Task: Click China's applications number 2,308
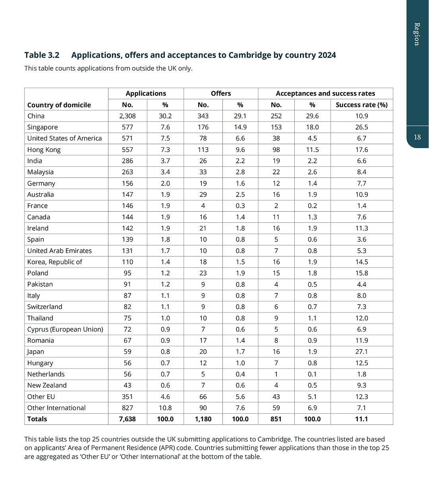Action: click(x=127, y=116)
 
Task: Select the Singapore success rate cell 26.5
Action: click(x=361, y=127)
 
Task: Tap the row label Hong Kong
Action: click(x=44, y=150)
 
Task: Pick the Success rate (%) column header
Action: click(x=361, y=105)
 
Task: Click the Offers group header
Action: click(x=221, y=93)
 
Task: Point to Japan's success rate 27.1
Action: click(x=361, y=352)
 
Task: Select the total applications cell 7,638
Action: click(x=127, y=419)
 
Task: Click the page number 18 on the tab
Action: click(x=417, y=137)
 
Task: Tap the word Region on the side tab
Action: click(x=417, y=34)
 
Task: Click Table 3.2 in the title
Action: click(x=42, y=55)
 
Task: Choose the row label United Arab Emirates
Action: click(x=60, y=251)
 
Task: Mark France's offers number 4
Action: click(x=203, y=206)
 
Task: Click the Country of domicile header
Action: click(x=59, y=105)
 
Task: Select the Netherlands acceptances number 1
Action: click(x=276, y=374)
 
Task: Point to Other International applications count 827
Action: click(x=127, y=408)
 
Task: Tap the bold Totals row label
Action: click(x=37, y=419)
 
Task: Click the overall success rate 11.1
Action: click(x=361, y=419)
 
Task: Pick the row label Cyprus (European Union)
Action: click(x=65, y=329)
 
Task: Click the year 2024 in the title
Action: click(x=327, y=55)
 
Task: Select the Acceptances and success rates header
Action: click(x=325, y=93)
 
